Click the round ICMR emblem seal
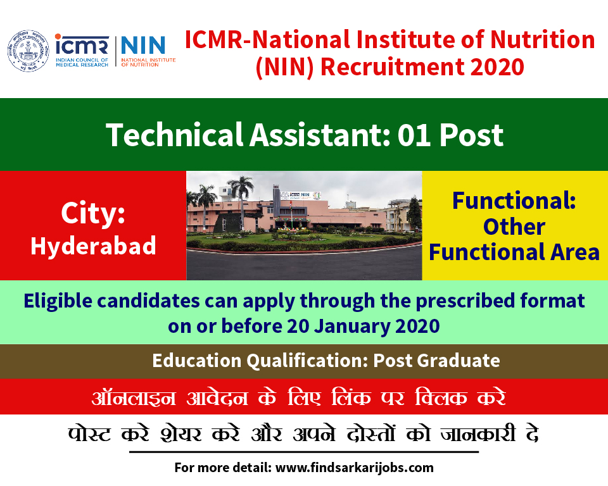[28, 51]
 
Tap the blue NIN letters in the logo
[143, 46]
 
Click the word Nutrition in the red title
[542, 40]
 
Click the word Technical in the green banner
[175, 135]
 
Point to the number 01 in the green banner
[414, 135]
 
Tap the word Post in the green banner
[471, 135]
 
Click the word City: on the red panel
[93, 213]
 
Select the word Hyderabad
[94, 246]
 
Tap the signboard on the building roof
[301, 195]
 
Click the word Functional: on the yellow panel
[514, 201]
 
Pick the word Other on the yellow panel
[514, 227]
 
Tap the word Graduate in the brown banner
[459, 361]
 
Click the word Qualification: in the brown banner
[307, 361]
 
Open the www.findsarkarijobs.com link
[355, 468]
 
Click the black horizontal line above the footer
[304, 452]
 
